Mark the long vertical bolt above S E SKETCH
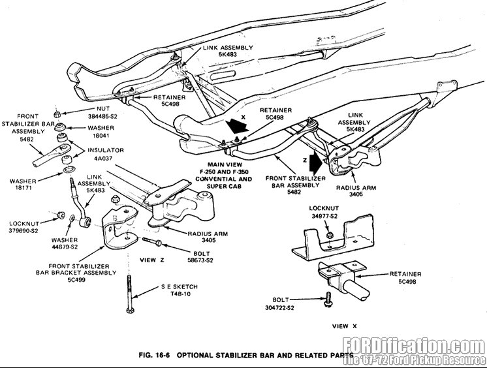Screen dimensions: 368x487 point(130,294)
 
